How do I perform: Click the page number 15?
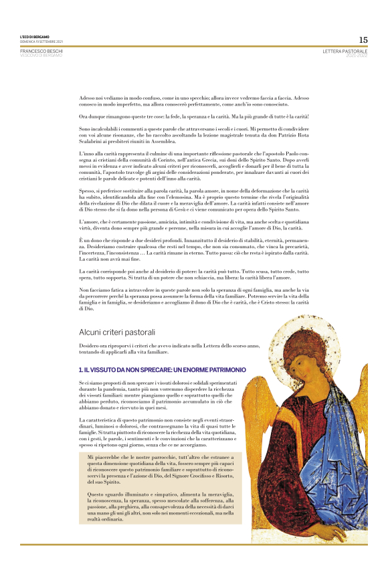[363, 39]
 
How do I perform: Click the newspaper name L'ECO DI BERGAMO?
[34, 37]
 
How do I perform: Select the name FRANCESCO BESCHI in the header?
[41, 50]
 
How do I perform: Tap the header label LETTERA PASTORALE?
[345, 50]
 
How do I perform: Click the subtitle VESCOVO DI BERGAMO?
[41, 55]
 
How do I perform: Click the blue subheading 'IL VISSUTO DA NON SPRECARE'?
[162, 369]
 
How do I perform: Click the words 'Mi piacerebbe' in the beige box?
[102, 456]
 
